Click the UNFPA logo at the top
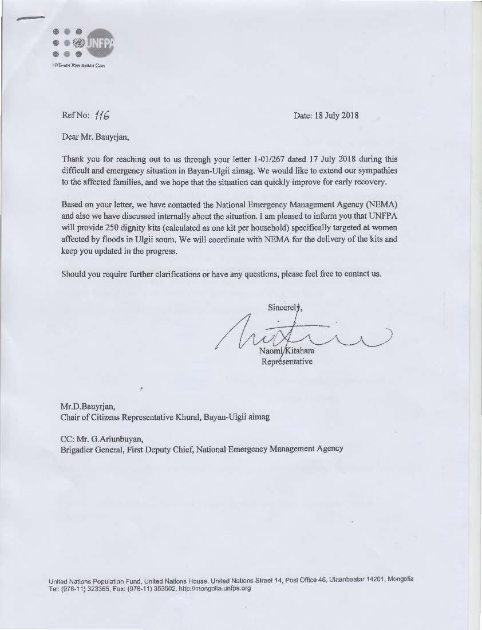(x=83, y=44)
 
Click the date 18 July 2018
(x=326, y=115)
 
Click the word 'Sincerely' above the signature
(x=284, y=307)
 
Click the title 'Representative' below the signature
(x=287, y=362)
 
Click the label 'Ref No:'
(x=75, y=116)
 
